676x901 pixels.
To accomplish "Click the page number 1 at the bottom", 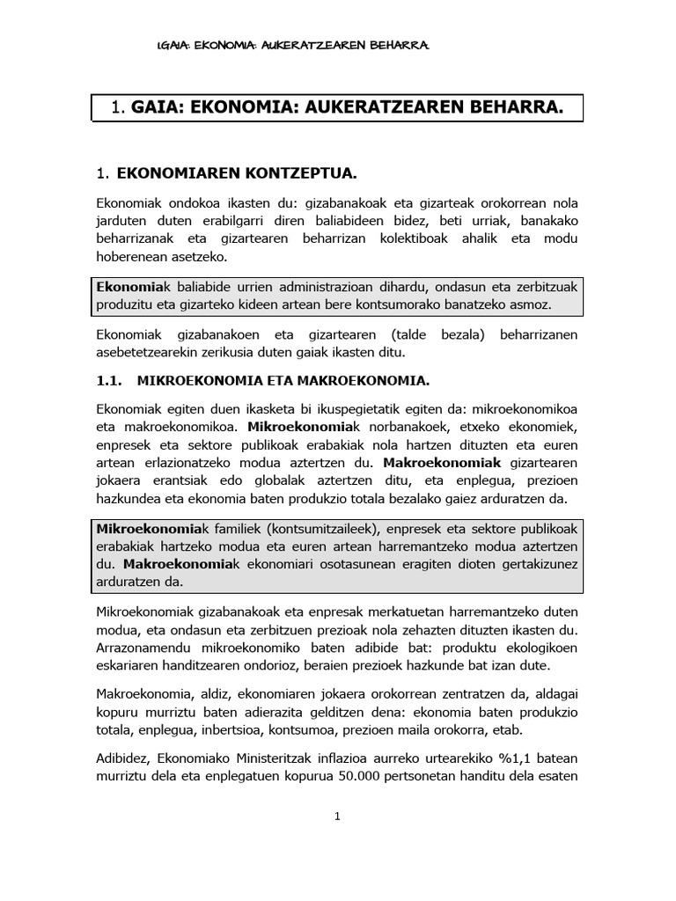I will point(337,817).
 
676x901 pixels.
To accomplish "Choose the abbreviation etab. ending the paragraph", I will point(534,729).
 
